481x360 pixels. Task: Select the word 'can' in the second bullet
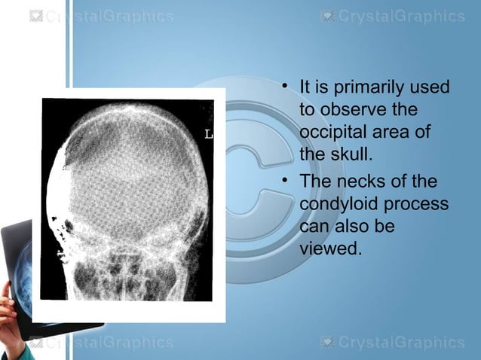point(313,226)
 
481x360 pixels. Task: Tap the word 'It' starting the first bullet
point(307,89)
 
